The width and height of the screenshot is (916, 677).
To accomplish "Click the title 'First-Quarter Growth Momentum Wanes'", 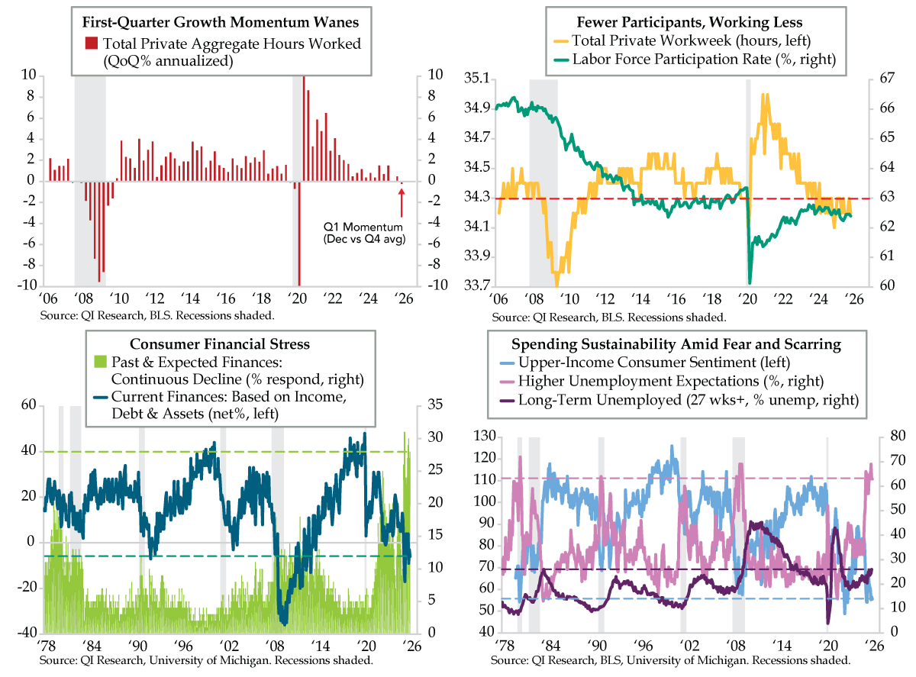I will [217, 22].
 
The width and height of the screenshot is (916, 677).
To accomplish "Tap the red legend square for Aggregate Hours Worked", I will [91, 43].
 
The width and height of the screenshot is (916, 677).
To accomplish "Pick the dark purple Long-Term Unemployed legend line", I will [504, 399].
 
